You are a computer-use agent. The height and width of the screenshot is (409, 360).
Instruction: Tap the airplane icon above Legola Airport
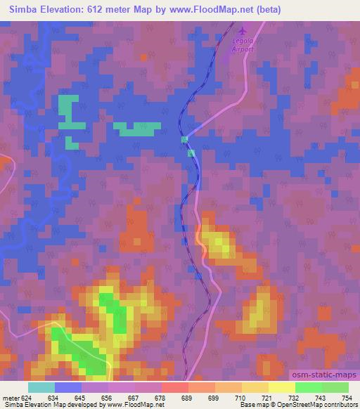coord(243,31)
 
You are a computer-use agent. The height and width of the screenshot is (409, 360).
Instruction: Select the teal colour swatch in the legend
coord(41,387)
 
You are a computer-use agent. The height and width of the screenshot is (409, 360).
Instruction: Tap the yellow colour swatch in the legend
coord(282,387)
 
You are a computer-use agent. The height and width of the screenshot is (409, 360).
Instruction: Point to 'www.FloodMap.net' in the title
coord(210,9)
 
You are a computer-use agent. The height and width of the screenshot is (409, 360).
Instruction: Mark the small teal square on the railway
coord(185,139)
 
